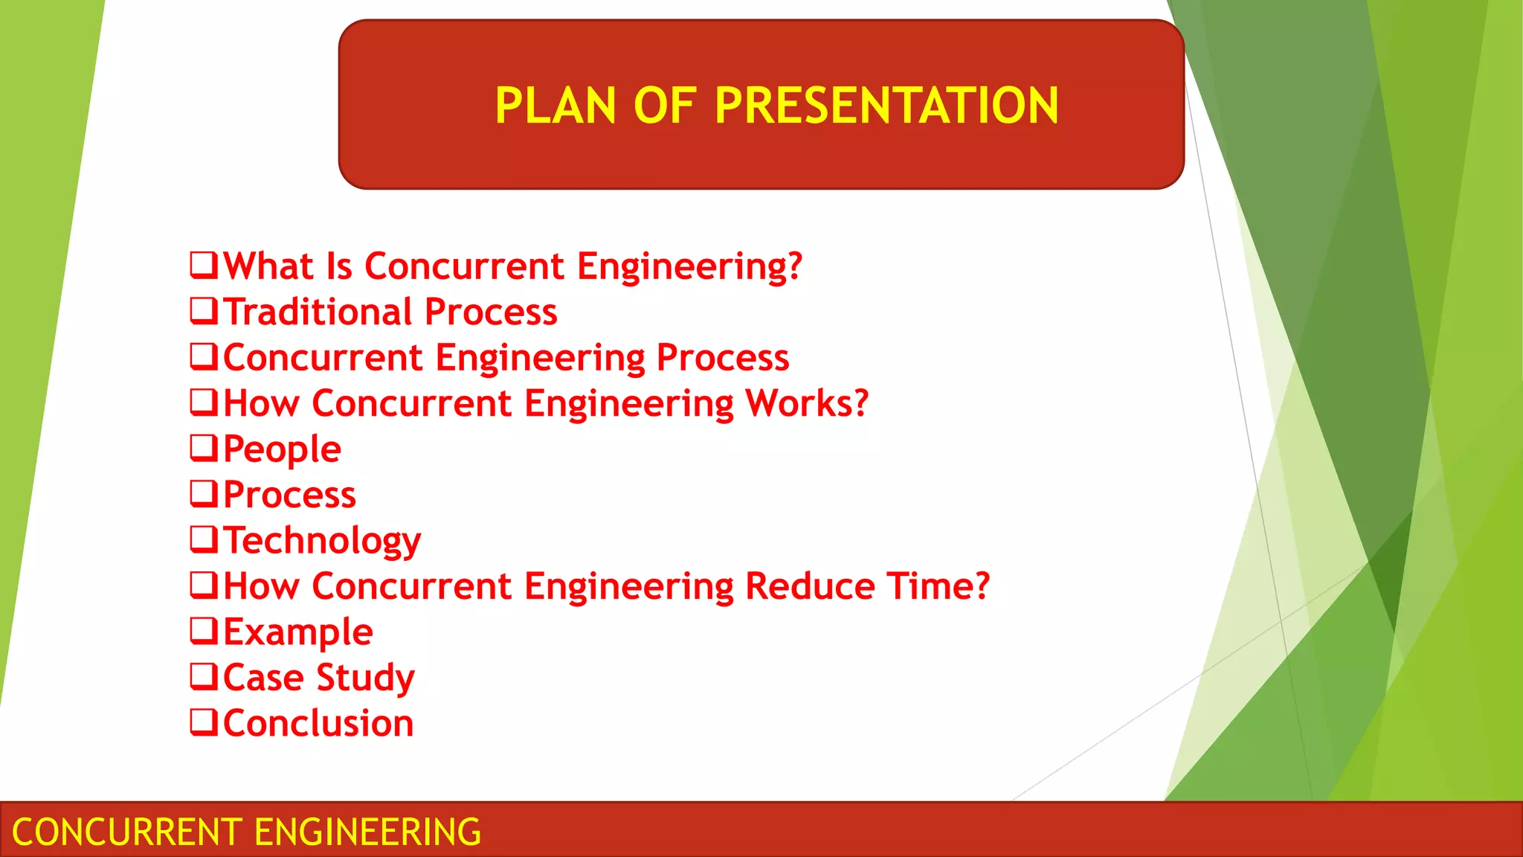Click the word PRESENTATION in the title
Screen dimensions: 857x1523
pos(886,106)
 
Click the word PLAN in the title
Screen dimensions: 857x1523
pos(555,106)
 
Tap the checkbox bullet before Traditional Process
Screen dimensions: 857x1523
pos(204,311)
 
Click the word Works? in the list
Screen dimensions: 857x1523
pos(807,403)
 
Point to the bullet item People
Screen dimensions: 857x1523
pos(282,449)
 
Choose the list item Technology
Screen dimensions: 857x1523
pos(322,541)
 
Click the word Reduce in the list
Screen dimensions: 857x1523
pos(811,586)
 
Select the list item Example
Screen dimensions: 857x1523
pos(297,632)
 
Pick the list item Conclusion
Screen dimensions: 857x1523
pos(318,724)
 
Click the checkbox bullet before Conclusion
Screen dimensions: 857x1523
pos(204,722)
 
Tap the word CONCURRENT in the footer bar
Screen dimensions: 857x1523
pos(127,832)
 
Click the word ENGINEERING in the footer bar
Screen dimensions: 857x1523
pos(368,832)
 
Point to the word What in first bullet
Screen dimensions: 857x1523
pos(268,266)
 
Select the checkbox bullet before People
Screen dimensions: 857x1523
pos(204,448)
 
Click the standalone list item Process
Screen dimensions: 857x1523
pos(289,495)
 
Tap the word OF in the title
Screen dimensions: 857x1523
pos(664,106)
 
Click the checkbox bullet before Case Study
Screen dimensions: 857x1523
pos(204,676)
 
